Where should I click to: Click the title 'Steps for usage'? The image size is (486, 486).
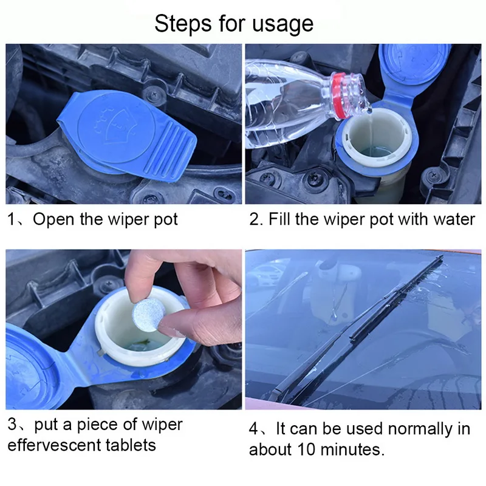tap(234, 24)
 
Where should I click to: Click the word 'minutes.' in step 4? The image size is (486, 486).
tap(353, 450)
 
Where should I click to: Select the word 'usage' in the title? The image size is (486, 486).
tap(284, 24)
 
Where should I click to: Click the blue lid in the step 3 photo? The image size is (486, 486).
tap(30, 364)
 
